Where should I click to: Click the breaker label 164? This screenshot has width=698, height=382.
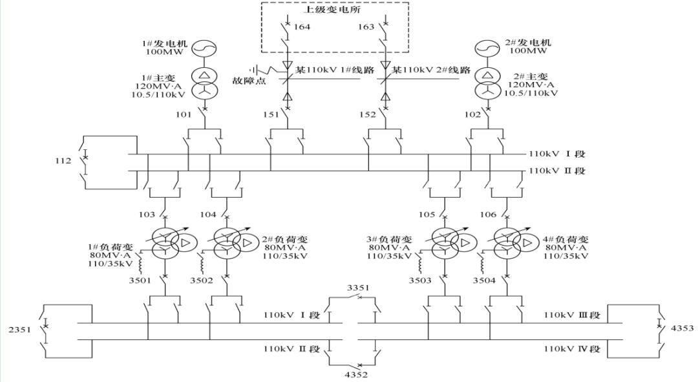(x=302, y=27)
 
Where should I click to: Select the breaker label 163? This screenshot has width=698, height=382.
(x=366, y=27)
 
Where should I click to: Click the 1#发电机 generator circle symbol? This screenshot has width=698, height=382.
(x=204, y=49)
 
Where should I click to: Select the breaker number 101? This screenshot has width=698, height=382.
(x=184, y=116)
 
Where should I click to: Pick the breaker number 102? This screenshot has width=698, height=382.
(x=472, y=116)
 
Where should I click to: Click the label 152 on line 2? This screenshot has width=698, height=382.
(x=368, y=116)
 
